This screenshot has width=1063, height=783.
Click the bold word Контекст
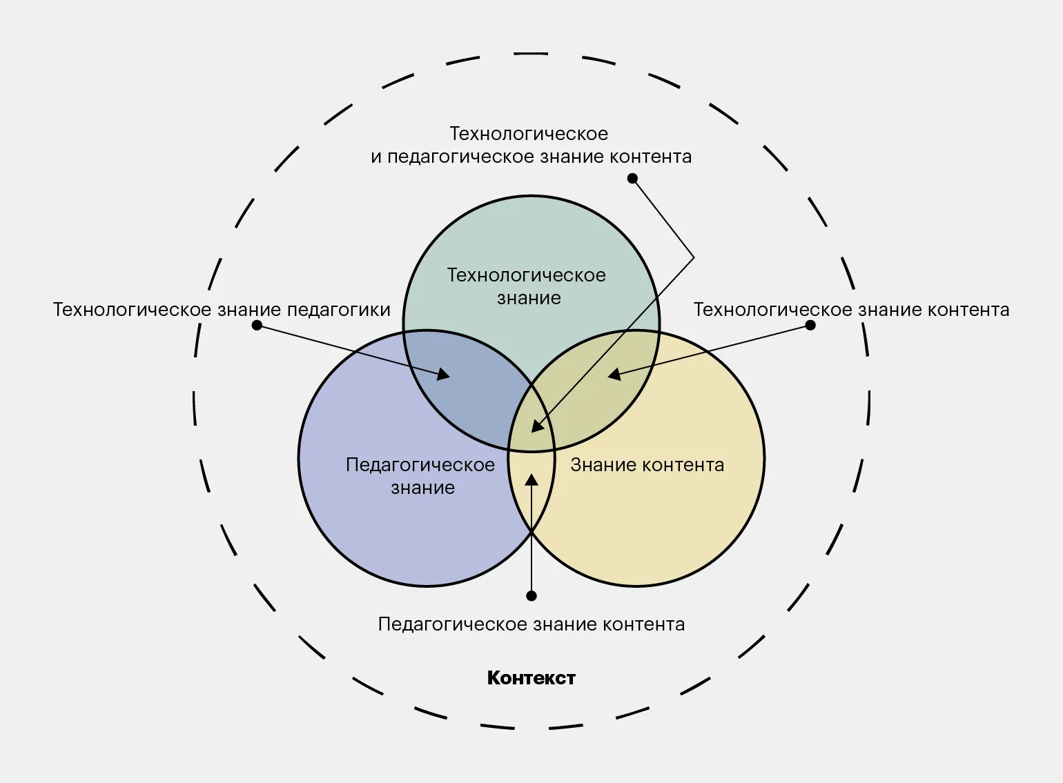pos(531,678)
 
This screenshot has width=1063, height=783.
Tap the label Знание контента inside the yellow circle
pos(647,465)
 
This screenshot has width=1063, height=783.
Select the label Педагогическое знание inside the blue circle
pos(420,476)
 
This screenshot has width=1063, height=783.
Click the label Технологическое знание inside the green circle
pos(527,286)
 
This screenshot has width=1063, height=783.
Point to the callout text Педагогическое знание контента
pos(531,624)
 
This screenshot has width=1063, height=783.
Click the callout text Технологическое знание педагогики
pos(222,310)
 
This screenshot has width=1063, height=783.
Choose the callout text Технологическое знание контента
pos(851,310)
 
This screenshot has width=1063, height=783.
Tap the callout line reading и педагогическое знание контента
pos(531,157)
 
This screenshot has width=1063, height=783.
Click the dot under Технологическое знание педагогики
pos(257,325)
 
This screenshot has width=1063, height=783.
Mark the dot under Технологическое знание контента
pos(810,325)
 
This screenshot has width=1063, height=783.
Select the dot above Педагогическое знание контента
pos(531,595)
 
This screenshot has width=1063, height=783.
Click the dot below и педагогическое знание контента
pos(632,179)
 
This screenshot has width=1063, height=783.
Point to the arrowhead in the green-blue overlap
pos(443,375)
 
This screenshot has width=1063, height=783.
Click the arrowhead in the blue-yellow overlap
pos(531,479)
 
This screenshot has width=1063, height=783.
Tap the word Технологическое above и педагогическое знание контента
pos(529,133)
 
